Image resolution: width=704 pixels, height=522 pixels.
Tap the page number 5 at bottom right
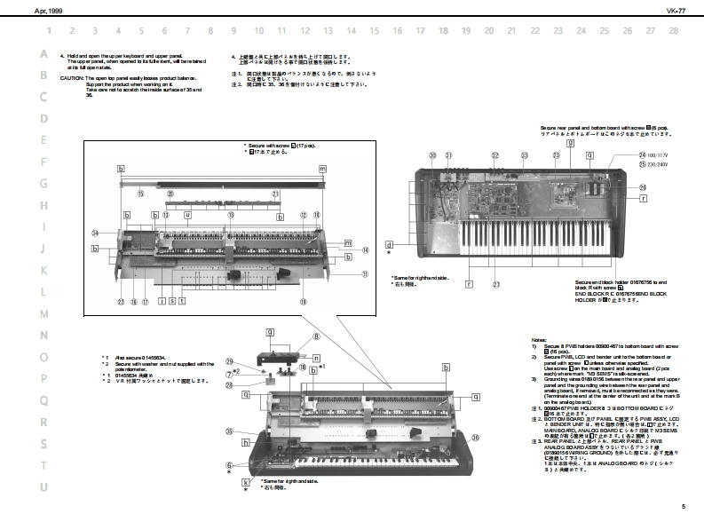[x=684, y=506]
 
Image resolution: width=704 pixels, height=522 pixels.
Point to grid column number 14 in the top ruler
[x=351, y=30]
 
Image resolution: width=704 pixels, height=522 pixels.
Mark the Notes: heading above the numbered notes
[x=539, y=340]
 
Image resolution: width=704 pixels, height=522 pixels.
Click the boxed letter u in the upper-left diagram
[x=187, y=215]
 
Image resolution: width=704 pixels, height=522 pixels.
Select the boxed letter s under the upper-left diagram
[x=171, y=301]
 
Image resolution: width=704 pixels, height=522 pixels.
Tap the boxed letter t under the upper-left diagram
[x=181, y=301]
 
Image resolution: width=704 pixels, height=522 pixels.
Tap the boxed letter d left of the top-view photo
[x=389, y=243]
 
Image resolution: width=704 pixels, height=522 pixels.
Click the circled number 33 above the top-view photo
[x=524, y=154]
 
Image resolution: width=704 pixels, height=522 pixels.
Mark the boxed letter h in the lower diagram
[x=245, y=441]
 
